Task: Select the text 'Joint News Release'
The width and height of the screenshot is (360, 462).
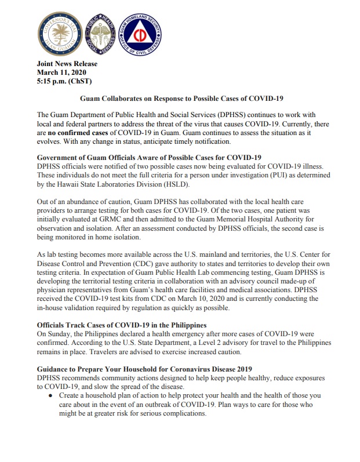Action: (67, 64)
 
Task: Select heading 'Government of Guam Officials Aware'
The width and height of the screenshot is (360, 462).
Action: (149, 158)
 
